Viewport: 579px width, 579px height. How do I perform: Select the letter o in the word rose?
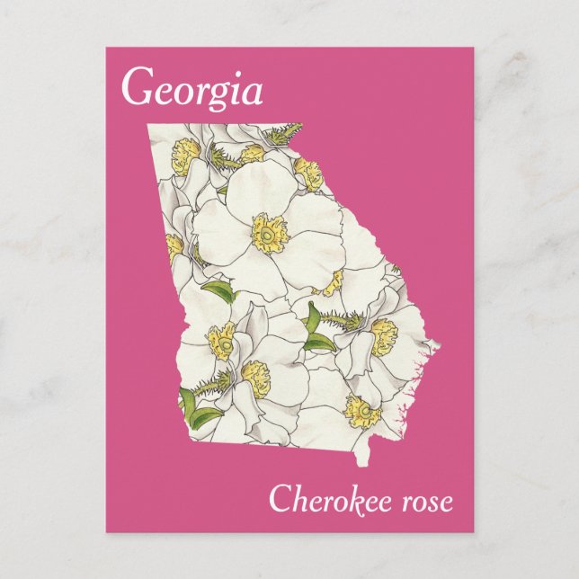419,503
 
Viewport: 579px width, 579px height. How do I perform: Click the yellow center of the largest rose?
268,233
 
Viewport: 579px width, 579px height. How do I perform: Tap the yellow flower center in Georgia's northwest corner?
186,146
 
